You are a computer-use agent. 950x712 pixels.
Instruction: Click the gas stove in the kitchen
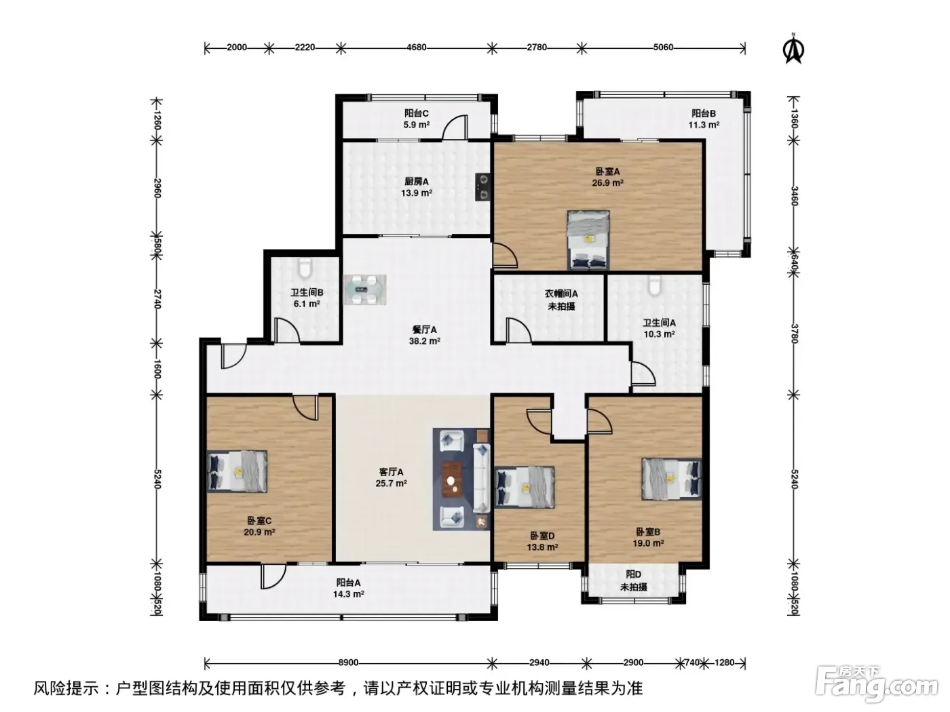click(482, 186)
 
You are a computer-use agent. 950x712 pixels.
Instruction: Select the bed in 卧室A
click(588, 240)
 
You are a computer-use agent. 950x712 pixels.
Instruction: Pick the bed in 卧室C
click(237, 471)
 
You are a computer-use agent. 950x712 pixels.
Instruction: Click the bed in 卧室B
click(671, 479)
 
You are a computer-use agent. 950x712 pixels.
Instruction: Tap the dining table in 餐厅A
click(364, 290)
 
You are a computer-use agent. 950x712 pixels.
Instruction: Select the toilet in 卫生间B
click(305, 268)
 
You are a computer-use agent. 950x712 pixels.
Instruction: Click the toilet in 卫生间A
click(654, 286)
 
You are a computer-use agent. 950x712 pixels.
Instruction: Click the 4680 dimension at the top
click(417, 47)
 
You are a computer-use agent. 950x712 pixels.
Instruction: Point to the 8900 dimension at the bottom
click(348, 662)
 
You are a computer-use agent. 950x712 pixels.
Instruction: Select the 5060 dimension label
click(663, 47)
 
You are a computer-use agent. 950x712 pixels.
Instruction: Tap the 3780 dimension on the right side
click(794, 334)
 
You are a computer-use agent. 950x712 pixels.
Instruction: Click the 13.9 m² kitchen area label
click(417, 193)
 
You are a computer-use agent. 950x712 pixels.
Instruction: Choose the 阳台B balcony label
click(703, 113)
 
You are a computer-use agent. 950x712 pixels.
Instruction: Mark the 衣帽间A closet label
click(561, 294)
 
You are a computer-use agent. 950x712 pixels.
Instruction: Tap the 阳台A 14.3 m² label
click(348, 589)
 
